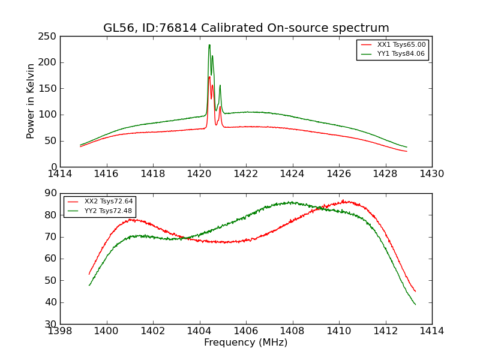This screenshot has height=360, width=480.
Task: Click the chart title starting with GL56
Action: coord(246,28)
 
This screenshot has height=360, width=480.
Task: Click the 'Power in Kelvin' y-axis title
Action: coord(31,101)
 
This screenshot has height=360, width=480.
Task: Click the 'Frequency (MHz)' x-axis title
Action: coord(246,343)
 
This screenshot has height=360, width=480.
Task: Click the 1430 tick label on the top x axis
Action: coord(432,174)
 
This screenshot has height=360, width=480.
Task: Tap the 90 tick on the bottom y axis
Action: coord(52,193)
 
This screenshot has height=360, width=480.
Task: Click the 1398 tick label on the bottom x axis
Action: coord(60,331)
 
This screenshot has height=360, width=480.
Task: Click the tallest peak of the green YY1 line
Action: coord(209,45)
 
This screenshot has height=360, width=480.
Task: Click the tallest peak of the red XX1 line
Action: coord(209,77)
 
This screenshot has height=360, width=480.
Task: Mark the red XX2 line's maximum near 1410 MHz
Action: coord(343,201)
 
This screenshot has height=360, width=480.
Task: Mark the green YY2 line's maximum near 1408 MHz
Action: coord(292,202)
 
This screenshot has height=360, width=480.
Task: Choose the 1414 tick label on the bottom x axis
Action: coord(432,331)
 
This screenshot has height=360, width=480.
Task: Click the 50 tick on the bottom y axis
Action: coord(52,280)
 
